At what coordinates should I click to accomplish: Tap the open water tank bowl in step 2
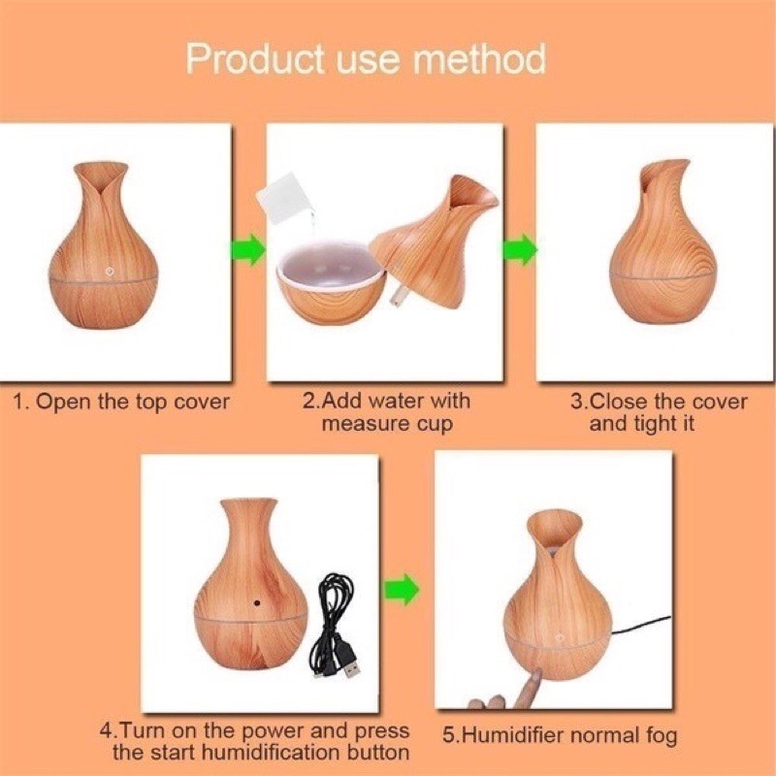(x=328, y=281)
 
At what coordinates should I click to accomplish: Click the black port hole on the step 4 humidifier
(x=258, y=600)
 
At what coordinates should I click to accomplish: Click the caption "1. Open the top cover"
(x=121, y=402)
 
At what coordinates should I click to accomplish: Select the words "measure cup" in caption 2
(x=387, y=424)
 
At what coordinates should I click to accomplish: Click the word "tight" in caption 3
(x=663, y=424)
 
